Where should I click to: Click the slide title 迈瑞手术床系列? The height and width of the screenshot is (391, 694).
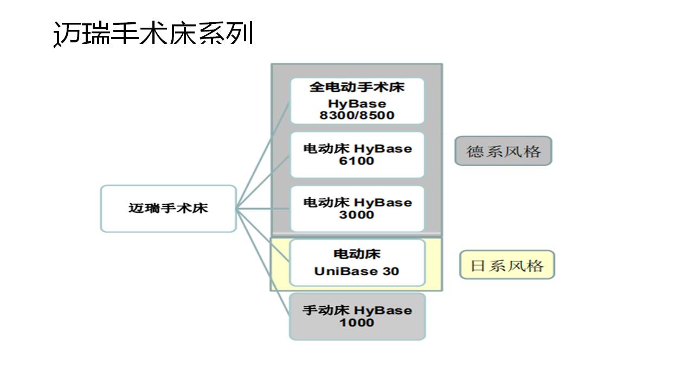point(153,34)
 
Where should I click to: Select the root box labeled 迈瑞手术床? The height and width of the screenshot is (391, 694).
point(168,209)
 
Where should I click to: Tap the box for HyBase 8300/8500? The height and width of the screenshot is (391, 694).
point(357,101)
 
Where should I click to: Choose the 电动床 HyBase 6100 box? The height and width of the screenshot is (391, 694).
point(357,155)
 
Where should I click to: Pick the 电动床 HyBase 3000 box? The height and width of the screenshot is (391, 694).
point(357,209)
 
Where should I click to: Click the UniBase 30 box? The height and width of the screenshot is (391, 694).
point(357,262)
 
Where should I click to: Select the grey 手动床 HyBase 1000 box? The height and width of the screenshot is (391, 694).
point(357,316)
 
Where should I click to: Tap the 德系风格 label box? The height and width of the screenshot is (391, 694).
point(503,151)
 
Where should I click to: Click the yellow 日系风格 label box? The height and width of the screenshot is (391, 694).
point(507,265)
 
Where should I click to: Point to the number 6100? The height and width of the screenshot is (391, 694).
point(357,161)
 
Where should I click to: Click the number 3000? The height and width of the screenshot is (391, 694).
point(357,215)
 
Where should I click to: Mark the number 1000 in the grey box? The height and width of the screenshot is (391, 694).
point(357,323)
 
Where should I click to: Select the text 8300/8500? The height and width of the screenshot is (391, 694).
point(357,115)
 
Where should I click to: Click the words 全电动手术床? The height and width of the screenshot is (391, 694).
point(357,87)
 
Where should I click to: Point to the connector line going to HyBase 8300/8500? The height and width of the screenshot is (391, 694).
point(264,157)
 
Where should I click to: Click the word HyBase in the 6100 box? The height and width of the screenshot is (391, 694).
point(383,149)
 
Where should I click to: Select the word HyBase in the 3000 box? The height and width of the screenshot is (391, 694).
point(383,203)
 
